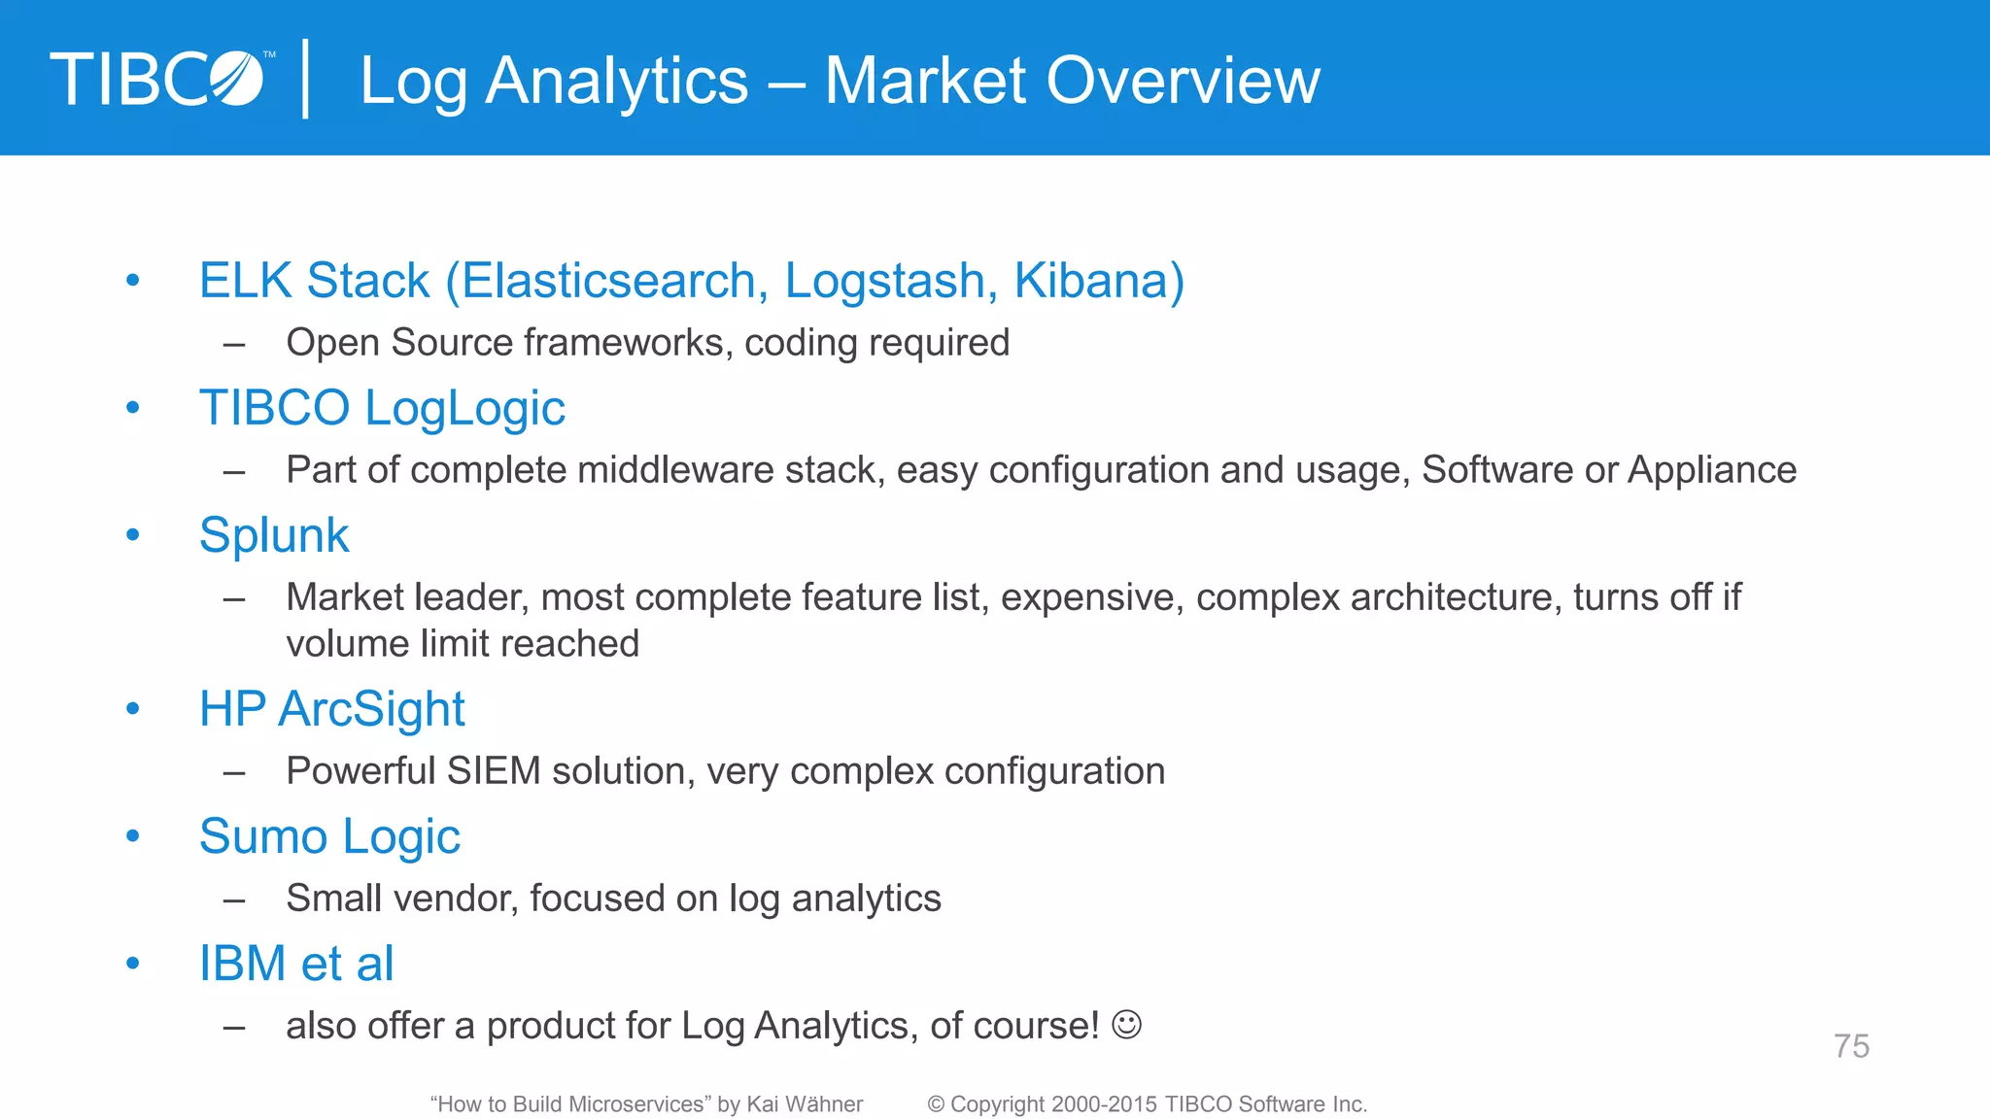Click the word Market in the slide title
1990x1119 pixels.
925,80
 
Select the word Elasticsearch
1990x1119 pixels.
608,281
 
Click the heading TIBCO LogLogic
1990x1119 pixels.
382,408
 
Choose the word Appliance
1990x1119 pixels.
1712,470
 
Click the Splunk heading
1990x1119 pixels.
274,535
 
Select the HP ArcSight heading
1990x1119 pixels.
332,709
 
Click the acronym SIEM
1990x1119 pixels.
494,771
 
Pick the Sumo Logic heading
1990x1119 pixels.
329,836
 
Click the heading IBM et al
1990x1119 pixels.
296,964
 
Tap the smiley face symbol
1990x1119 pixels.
1126,1025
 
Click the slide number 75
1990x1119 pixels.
1851,1046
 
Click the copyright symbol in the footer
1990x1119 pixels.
936,1104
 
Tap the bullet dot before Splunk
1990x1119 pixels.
133,535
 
